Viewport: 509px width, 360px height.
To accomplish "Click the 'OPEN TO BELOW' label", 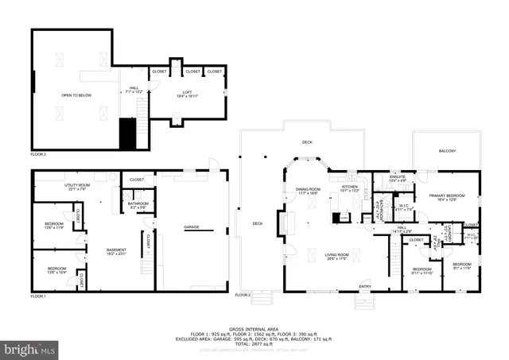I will click(x=76, y=95).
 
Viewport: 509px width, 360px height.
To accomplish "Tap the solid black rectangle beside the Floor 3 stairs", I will click(x=127, y=134).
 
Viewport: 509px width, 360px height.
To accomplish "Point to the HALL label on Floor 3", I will click(x=134, y=89).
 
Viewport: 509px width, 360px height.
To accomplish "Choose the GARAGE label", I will click(x=192, y=227).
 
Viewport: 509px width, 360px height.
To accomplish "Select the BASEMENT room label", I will click(x=117, y=251).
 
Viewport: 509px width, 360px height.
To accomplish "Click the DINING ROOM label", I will click(x=297, y=190).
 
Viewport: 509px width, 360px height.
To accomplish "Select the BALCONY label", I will click(x=447, y=151).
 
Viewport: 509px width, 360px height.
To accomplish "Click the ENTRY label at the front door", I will click(x=365, y=286).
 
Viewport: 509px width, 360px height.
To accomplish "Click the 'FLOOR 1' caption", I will click(x=38, y=296).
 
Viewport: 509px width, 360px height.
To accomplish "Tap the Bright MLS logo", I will click(x=30, y=348).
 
